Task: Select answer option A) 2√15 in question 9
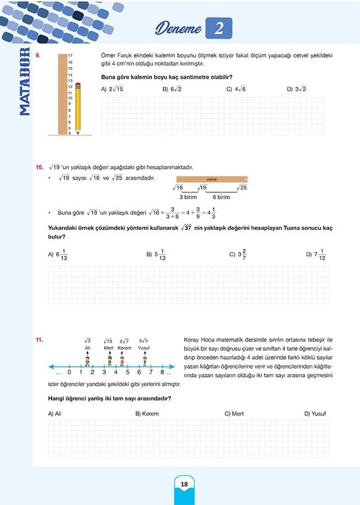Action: click(x=112, y=89)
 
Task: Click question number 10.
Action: click(x=39, y=167)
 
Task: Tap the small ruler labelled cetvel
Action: click(x=211, y=180)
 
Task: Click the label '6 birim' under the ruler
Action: click(x=221, y=197)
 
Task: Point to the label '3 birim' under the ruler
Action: click(x=188, y=197)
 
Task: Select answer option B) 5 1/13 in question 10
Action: click(x=156, y=255)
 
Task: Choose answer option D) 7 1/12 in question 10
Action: click(x=316, y=255)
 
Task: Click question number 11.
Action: click(x=39, y=339)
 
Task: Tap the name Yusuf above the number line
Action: click(x=144, y=348)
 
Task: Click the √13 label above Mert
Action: click(x=108, y=341)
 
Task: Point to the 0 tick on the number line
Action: click(x=69, y=372)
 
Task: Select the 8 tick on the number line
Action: click(x=162, y=372)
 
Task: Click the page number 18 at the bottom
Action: click(x=184, y=484)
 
